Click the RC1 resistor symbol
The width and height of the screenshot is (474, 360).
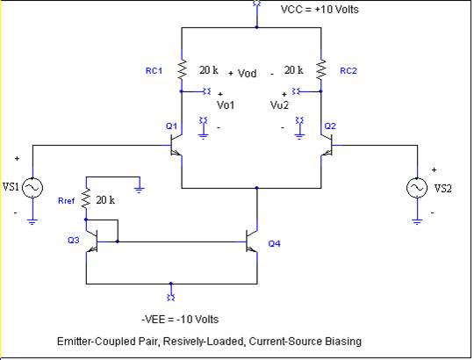pos(182,69)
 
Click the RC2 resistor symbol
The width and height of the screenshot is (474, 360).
pos(321,69)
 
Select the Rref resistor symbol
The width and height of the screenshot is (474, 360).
pos(86,198)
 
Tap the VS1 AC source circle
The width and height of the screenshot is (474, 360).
pos(32,188)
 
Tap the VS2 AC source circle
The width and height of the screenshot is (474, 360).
pos(417,188)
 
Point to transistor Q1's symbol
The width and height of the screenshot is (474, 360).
pos(176,145)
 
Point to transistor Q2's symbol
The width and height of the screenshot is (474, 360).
pos(327,145)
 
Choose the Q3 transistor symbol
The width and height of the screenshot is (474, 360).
pos(92,241)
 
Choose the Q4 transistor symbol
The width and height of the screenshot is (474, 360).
pos(252,241)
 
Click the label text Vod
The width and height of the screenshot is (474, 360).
pos(247,73)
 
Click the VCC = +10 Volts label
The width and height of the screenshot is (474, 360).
pos(320,10)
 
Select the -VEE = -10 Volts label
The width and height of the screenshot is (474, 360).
pos(180,320)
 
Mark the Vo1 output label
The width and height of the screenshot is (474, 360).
pos(226,104)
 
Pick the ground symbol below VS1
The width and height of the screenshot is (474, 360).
pos(32,221)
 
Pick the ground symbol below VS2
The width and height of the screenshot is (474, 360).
pos(417,221)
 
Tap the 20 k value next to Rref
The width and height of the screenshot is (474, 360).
pos(105,200)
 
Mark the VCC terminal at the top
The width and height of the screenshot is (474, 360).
pos(256,4)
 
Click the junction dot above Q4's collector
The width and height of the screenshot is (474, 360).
pos(256,188)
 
